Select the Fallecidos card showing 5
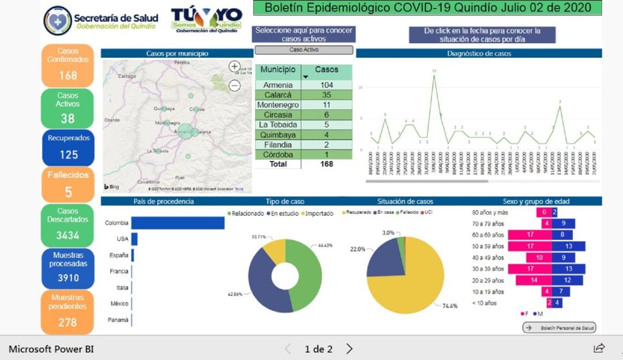coord(68,183)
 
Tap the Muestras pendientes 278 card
coord(67,312)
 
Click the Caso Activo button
coord(304,50)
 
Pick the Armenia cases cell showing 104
coord(326,85)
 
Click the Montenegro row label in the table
coord(278,105)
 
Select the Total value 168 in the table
coord(326,164)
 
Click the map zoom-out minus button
coord(235,85)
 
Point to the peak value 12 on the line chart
coord(434,71)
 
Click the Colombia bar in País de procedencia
coord(178,223)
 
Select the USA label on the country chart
coord(122,239)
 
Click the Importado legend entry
coord(319,213)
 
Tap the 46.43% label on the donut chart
coord(325,245)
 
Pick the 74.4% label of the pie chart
coord(450,306)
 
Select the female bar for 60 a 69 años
coord(529,235)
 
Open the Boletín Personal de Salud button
coord(559,328)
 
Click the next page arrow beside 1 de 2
coord(349,348)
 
